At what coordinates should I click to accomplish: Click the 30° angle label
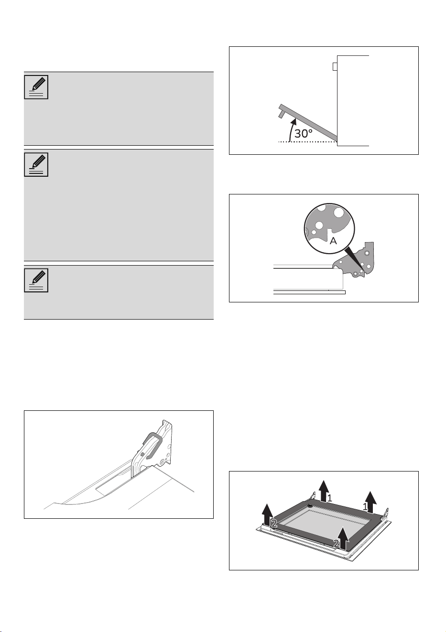[304, 133]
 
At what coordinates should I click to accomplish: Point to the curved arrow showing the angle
[291, 130]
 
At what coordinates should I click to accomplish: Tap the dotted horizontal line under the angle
[308, 141]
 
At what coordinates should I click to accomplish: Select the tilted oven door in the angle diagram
[308, 122]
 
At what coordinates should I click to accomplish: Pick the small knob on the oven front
[335, 66]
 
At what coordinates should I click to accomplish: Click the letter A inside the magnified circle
[333, 241]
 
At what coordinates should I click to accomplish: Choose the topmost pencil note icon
[36, 87]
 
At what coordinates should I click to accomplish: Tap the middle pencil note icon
[36, 164]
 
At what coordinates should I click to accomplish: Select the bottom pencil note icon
[36, 280]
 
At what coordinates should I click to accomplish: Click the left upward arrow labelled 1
[324, 491]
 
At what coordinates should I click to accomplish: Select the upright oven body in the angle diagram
[353, 101]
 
